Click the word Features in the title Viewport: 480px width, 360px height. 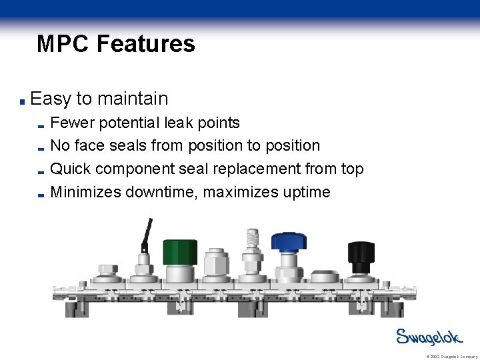(145, 44)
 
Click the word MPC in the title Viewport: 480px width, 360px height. (63, 44)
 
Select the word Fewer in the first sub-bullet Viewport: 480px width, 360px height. (72, 123)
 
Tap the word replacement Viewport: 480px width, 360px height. (253, 169)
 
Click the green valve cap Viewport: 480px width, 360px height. (180, 251)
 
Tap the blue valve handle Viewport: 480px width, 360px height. (288, 241)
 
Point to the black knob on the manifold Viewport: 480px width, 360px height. (361, 253)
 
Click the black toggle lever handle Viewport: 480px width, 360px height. (146, 234)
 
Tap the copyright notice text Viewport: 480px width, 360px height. (451, 357)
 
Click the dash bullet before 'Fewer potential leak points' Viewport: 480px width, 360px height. (41, 125)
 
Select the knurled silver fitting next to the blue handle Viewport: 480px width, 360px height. (252, 239)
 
